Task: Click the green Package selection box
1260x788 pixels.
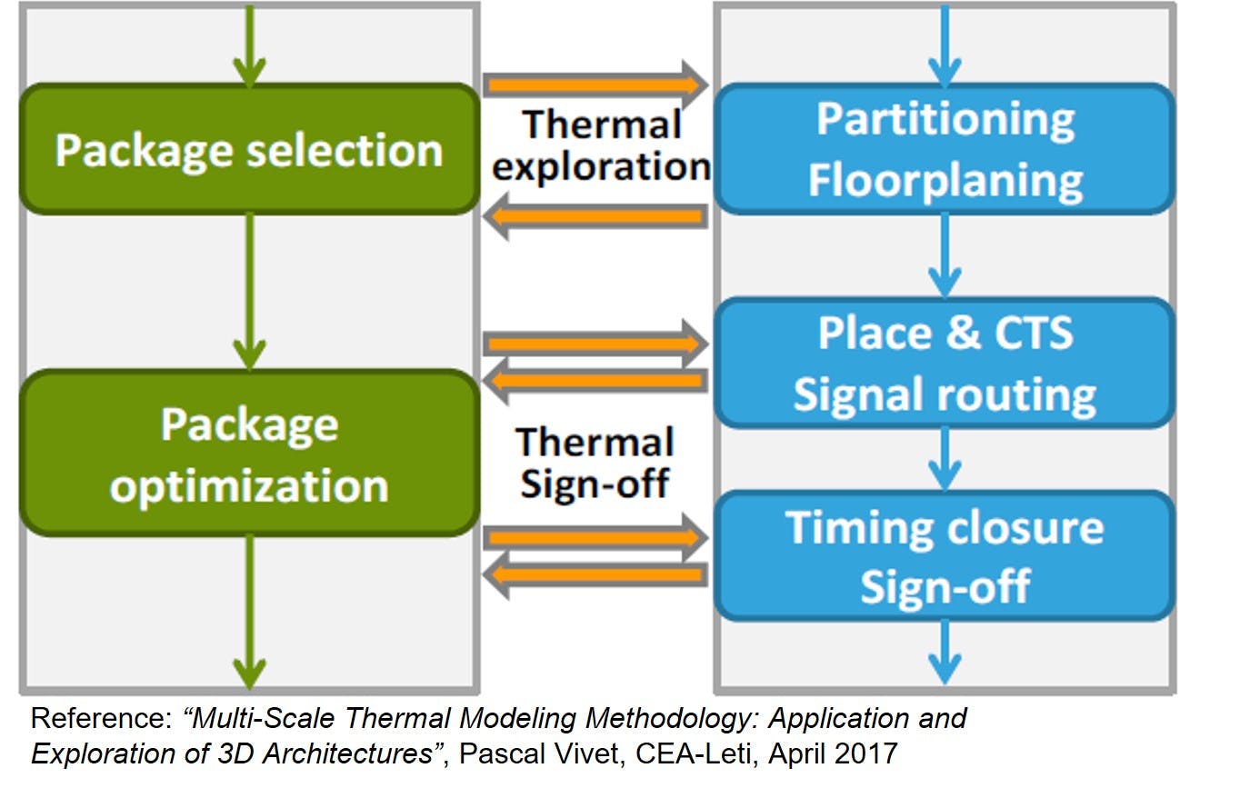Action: point(249,149)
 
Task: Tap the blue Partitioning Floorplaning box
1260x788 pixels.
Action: point(945,149)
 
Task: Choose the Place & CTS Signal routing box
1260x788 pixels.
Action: point(945,363)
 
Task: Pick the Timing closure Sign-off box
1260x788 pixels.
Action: point(945,556)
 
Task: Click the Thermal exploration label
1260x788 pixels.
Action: point(600,146)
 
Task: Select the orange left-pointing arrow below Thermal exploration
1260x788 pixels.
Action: point(595,217)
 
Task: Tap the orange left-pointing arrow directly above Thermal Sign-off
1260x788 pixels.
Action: point(595,381)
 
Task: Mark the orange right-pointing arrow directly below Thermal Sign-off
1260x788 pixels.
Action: point(595,538)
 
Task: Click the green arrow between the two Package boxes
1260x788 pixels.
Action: point(249,291)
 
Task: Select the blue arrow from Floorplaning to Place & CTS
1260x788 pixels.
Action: point(945,255)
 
